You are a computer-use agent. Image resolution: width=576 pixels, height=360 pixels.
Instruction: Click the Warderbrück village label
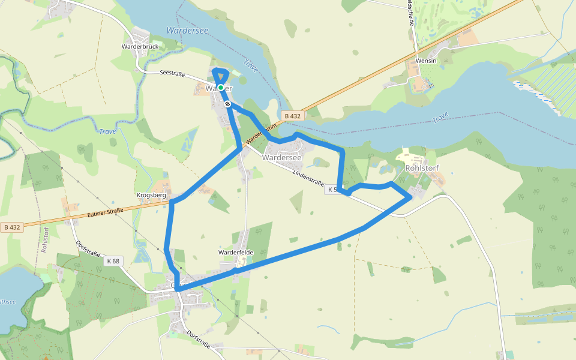(140, 46)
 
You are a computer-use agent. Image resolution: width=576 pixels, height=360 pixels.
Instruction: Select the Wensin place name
(425, 61)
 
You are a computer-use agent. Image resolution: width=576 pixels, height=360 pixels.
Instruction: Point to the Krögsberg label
(151, 196)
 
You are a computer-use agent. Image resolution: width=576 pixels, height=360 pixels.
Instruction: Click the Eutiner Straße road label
(105, 212)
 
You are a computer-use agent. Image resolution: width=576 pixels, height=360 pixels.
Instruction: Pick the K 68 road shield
(113, 261)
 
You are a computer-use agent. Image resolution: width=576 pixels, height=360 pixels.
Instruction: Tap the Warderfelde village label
(236, 253)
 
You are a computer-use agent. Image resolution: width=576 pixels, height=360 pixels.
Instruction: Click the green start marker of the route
(221, 88)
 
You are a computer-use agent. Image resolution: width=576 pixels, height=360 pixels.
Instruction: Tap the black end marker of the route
(227, 104)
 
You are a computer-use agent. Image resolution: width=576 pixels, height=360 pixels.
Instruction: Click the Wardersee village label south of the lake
(281, 157)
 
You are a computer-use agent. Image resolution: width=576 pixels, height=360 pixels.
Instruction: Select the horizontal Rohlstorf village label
(423, 168)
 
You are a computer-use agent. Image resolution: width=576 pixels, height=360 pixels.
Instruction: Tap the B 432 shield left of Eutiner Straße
(12, 227)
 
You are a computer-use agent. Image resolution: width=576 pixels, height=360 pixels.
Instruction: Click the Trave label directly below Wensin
(440, 118)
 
